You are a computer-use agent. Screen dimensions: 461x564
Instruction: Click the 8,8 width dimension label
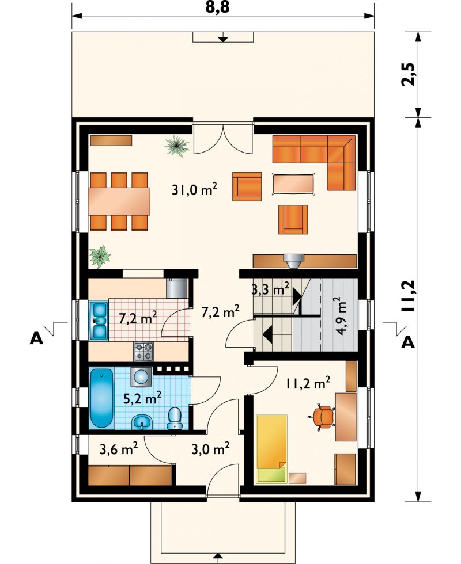(x=218, y=7)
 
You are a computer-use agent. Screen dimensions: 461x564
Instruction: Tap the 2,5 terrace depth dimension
(x=409, y=74)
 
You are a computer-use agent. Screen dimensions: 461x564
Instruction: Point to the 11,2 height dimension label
(x=409, y=296)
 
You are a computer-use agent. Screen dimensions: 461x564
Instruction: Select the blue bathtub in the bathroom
(x=101, y=398)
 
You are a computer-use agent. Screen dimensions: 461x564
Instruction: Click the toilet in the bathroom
(x=175, y=418)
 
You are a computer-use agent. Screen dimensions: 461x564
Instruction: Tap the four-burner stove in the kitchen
(x=143, y=352)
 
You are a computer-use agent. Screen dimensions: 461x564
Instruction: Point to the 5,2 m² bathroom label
(x=142, y=398)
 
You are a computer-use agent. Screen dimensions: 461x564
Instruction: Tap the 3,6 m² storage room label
(x=119, y=448)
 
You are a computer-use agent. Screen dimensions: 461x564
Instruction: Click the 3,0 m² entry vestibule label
(x=211, y=449)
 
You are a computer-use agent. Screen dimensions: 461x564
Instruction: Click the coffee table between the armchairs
(x=293, y=184)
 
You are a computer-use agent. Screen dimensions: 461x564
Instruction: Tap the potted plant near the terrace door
(x=176, y=146)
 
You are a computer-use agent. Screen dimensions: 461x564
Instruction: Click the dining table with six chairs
(x=119, y=201)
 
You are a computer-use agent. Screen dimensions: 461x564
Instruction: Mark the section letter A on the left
(x=36, y=338)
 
